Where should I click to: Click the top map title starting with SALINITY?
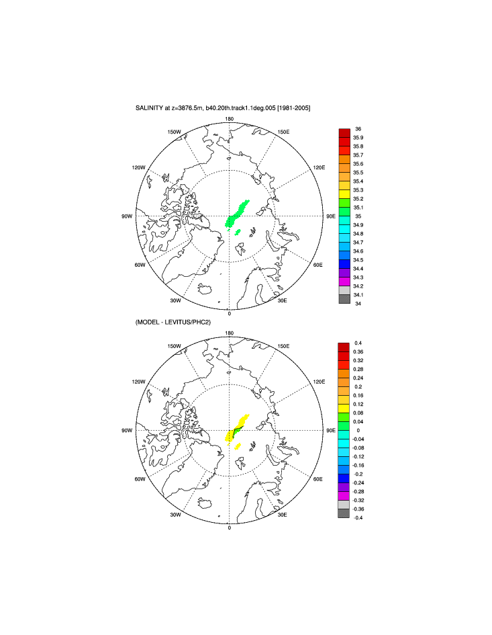pos(222,108)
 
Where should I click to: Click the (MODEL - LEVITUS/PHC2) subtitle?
pos(174,323)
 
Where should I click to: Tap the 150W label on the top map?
pos(175,132)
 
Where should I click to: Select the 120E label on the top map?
pos(318,167)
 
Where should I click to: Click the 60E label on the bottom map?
pos(319,479)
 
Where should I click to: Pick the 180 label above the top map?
pos(229,119)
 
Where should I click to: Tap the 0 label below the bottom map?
pos(229,528)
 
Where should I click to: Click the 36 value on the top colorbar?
pos(358,128)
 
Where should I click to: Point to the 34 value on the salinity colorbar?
pos(358,304)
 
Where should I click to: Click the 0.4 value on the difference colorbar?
pos(358,343)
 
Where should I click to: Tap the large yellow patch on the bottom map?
pos(238,427)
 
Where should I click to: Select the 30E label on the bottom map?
pos(283,515)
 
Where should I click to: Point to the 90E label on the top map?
pos(330,216)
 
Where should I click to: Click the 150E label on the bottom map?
pos(283,346)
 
